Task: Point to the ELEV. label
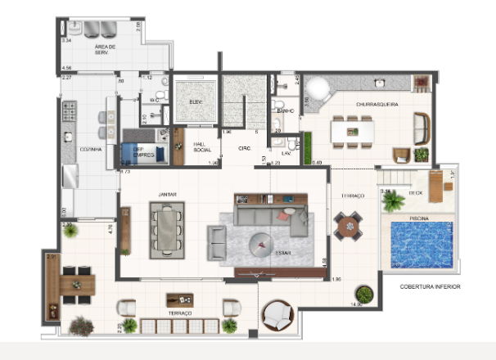tap(196, 102)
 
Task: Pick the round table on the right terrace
tap(349, 226)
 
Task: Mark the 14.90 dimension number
tap(356, 304)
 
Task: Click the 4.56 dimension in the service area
tap(67, 68)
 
